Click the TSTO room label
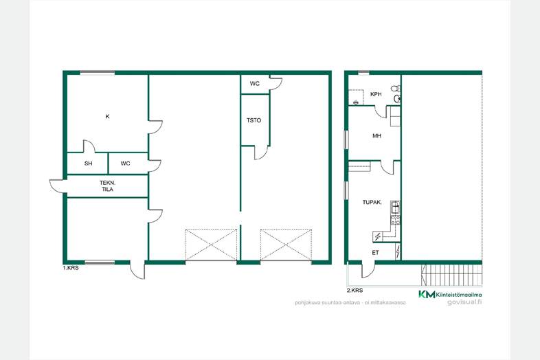tap(254, 121)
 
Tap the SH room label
tap(88, 164)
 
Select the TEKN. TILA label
tap(107, 186)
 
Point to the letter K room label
tap(107, 116)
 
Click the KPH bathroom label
tap(376, 94)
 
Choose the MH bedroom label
tap(376, 136)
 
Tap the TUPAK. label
tap(372, 203)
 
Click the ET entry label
tap(375, 253)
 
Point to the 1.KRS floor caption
tap(71, 268)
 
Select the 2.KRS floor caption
tap(355, 291)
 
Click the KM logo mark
tap(427, 294)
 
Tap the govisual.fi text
tap(464, 302)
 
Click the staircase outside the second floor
tap(452, 275)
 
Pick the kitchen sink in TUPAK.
tap(395, 207)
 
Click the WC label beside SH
tap(125, 164)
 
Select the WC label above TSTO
tap(255, 84)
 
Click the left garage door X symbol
tap(212, 245)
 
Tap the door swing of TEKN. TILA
tap(57, 186)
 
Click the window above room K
tap(98, 72)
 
